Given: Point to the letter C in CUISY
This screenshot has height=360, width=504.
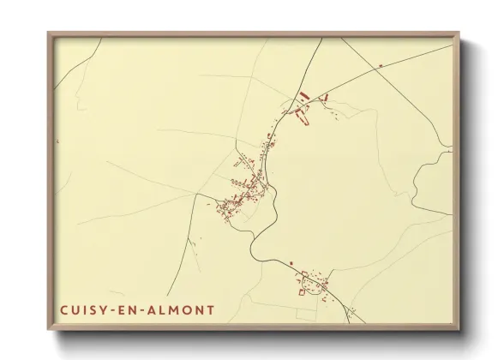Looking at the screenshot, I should [x=64, y=309].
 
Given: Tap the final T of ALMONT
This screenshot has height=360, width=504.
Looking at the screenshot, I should [x=211, y=309].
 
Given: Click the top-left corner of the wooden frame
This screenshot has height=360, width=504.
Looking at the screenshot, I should [x=49, y=33].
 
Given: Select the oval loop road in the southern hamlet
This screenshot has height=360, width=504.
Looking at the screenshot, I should [x=324, y=291].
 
